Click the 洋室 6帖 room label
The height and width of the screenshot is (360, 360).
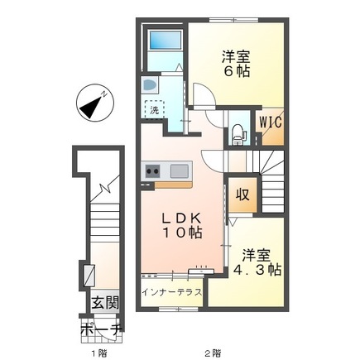click(x=236, y=64)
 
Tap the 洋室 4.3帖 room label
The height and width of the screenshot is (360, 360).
click(x=257, y=262)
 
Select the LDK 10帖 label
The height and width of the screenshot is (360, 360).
click(x=182, y=226)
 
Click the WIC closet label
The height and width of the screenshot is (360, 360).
click(x=271, y=122)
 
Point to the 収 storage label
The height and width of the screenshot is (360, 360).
click(x=242, y=194)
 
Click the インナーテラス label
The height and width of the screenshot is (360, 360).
click(x=172, y=292)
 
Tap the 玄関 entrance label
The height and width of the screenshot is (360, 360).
click(x=105, y=303)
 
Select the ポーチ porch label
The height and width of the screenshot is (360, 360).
click(x=102, y=329)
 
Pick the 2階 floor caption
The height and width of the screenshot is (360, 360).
click(x=213, y=353)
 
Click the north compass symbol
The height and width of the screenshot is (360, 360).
click(x=95, y=103)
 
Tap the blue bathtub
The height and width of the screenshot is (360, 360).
click(x=166, y=40)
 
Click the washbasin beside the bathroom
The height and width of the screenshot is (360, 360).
click(x=150, y=84)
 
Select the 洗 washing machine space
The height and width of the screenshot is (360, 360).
click(x=155, y=109)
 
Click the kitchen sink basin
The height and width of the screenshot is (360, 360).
click(x=180, y=171)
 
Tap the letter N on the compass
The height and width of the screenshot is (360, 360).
click(x=104, y=94)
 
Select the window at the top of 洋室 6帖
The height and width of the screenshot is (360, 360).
click(x=233, y=20)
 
